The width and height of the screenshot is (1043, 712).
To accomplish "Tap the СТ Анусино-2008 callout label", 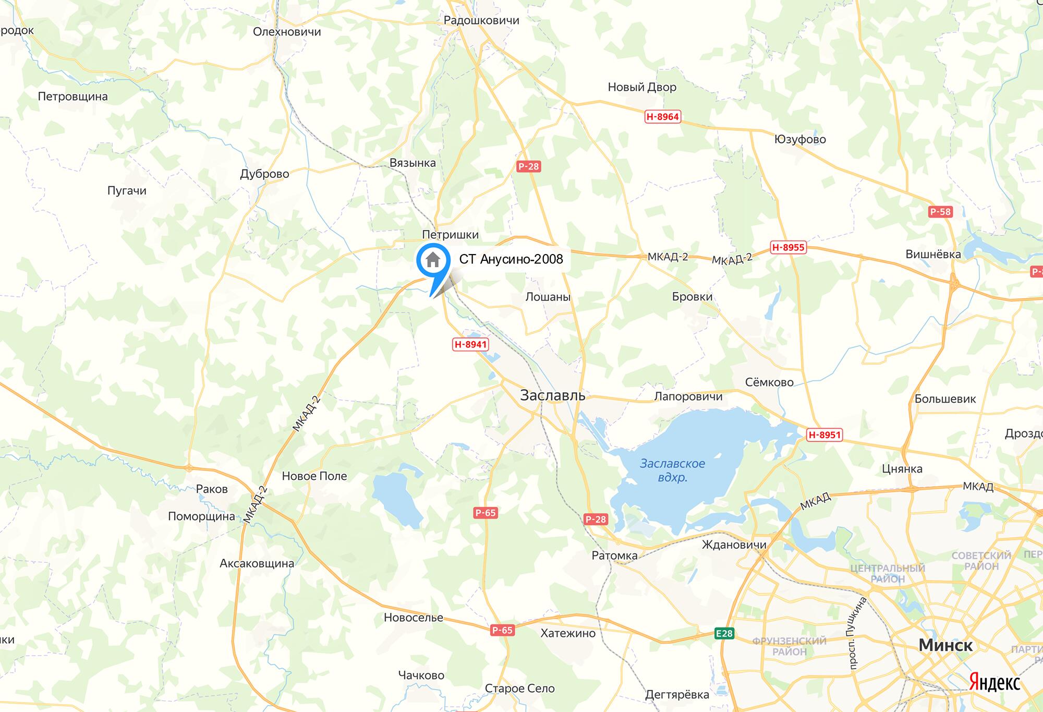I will point(511,259).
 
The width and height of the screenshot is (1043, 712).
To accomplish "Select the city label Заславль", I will point(552,395).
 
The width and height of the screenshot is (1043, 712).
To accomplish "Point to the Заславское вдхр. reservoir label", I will point(672,470).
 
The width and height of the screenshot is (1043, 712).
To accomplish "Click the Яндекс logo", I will point(995,683).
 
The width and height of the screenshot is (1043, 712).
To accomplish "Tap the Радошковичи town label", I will point(481,20).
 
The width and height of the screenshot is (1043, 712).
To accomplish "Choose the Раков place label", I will point(212,489).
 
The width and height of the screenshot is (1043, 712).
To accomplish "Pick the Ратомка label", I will point(614,556).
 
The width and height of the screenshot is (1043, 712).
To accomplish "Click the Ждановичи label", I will point(734,545).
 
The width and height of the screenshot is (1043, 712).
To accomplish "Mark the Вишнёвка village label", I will point(933,254).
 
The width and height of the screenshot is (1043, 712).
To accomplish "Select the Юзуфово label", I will point(800,139).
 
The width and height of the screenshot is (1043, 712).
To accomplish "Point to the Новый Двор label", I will point(642,87).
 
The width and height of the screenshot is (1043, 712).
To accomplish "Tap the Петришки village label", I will point(450,235).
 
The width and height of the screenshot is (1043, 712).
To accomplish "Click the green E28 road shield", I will point(724,633).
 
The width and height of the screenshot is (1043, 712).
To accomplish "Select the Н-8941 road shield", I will point(470,344).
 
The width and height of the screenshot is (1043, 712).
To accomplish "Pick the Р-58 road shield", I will point(940,212).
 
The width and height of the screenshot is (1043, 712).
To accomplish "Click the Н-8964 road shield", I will point(662,117).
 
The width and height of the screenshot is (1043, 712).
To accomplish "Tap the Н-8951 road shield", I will point(824,435).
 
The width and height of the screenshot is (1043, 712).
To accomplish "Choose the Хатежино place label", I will point(568,633).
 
